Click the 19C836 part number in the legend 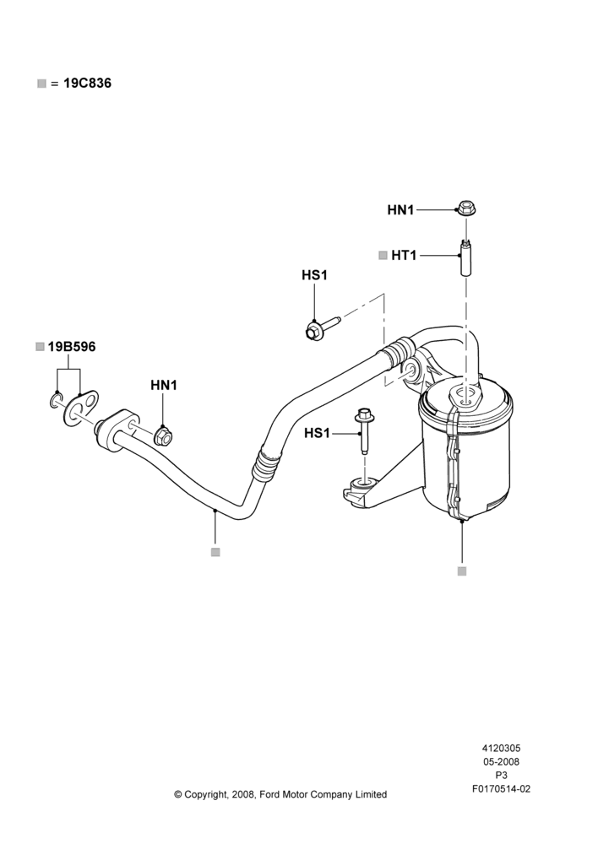tap(88, 84)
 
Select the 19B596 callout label tap(72, 347)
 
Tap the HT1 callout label tap(404, 255)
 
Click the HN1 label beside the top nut tap(400, 210)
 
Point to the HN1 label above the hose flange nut tap(164, 386)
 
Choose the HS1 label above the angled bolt tap(314, 275)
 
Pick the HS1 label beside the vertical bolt tap(317, 433)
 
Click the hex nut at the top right tap(465, 208)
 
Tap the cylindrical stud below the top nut tap(465, 257)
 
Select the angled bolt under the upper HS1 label tap(322, 327)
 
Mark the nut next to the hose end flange tap(163, 436)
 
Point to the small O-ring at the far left tap(56, 400)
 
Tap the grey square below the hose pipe tap(215, 552)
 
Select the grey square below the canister tap(462, 571)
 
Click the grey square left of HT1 tap(383, 255)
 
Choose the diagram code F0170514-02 tap(501, 789)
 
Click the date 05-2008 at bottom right tap(501, 761)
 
